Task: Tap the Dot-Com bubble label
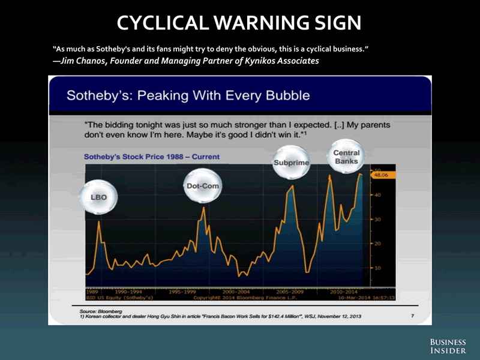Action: tap(200, 186)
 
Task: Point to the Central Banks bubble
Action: tap(347, 157)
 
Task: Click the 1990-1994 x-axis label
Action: tap(128, 291)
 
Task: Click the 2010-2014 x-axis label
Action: tap(344, 291)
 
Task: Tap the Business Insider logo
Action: tap(447, 346)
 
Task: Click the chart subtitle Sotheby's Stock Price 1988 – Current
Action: tap(152, 157)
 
